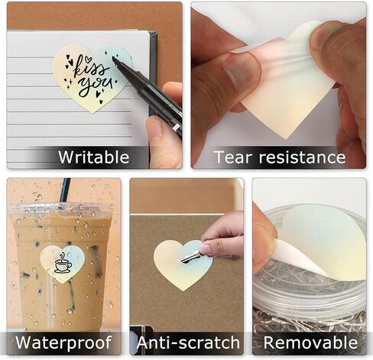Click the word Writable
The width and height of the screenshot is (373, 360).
(94, 157)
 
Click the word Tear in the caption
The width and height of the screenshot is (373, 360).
(230, 157)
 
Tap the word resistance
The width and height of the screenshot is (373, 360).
(302, 157)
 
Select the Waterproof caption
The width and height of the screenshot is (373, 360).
(63, 342)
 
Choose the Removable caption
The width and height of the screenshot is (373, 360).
(310, 342)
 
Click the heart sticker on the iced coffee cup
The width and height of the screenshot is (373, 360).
(63, 263)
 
